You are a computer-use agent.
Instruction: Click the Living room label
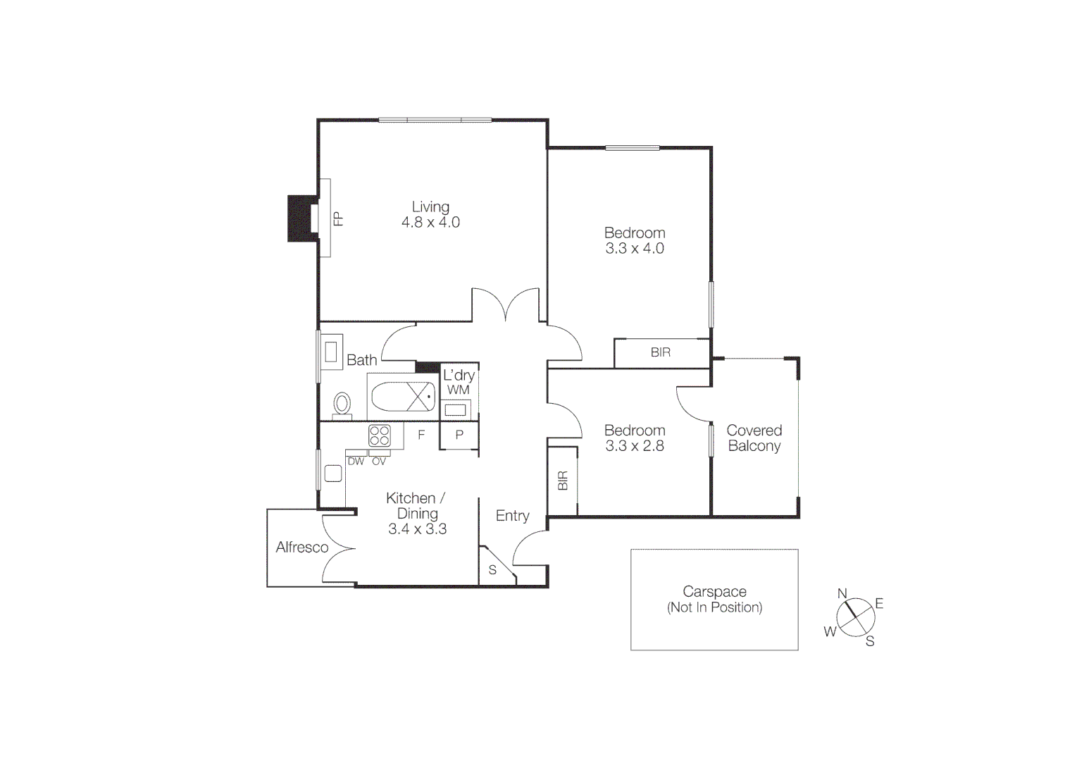430,207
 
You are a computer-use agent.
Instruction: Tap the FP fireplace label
339,218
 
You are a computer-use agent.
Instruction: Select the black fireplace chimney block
301,218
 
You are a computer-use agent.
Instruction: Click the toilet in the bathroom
342,404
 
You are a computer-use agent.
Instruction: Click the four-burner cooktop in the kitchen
380,435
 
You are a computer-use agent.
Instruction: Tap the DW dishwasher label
356,462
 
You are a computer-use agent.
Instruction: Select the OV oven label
379,462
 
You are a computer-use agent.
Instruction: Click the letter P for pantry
459,435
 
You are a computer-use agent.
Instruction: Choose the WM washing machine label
458,390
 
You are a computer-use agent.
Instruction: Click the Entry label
512,516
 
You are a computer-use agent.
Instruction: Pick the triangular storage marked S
494,569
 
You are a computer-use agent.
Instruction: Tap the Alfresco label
302,547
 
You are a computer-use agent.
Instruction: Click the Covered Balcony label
754,438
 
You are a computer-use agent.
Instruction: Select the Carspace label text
714,592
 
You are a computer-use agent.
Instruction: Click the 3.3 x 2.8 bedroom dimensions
635,446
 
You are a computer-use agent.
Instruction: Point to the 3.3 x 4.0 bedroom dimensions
635,249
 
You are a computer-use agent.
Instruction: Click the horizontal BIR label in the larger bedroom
661,352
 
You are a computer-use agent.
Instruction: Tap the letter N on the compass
842,594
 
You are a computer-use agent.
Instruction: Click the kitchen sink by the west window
333,474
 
